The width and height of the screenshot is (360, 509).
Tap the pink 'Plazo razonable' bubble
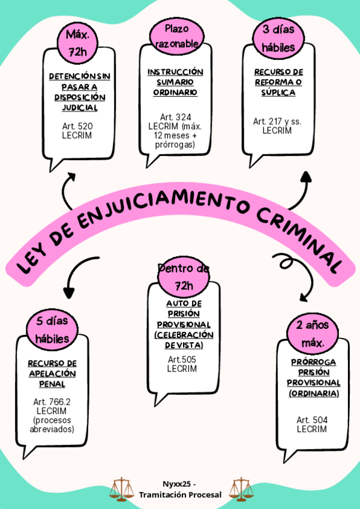pyautogui.click(x=176, y=36)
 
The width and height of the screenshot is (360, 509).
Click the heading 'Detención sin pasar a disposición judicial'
pyautogui.click(x=80, y=92)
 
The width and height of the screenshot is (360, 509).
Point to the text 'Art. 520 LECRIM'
pyautogui.click(x=77, y=131)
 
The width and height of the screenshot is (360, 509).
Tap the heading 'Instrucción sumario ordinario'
pyautogui.click(x=175, y=82)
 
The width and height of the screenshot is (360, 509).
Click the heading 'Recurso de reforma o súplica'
pyautogui.click(x=278, y=82)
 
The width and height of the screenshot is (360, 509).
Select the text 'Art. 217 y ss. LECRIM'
pyautogui.click(x=277, y=125)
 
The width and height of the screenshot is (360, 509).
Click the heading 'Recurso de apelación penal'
pyautogui.click(x=52, y=373)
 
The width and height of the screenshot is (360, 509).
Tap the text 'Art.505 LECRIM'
pyautogui.click(x=182, y=364)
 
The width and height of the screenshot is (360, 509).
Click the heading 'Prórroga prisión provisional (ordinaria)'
pyautogui.click(x=314, y=378)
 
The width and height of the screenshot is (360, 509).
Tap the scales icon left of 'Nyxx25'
pyautogui.click(x=122, y=489)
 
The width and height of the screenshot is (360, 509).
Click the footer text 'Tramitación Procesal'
pyautogui.click(x=180, y=495)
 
